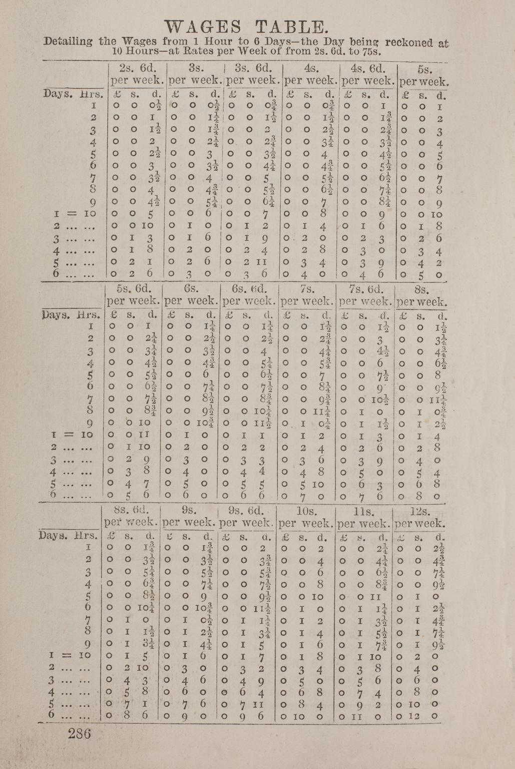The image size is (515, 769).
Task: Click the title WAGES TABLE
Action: [247, 27]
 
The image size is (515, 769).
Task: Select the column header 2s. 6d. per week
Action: [137, 74]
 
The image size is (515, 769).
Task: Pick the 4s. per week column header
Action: [311, 74]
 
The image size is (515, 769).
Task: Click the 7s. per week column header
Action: [307, 295]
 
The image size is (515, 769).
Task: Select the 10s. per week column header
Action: [306, 517]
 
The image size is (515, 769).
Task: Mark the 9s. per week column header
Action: [189, 516]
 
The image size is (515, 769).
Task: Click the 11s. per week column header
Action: [363, 517]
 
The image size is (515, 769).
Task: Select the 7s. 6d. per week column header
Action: [365, 295]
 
